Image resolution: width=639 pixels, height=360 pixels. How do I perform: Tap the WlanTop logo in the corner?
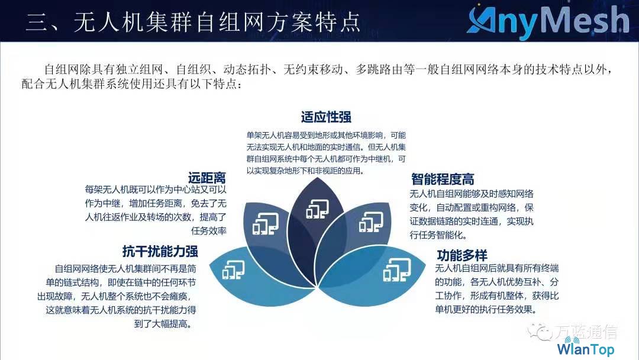click(x=586, y=348)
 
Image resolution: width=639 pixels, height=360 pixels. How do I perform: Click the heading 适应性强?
click(x=326, y=117)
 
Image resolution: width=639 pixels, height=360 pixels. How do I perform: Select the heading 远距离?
click(x=207, y=178)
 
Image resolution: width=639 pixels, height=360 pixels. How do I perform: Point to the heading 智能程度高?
click(x=443, y=179)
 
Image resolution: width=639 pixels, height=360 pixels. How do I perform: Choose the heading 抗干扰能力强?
click(x=160, y=251)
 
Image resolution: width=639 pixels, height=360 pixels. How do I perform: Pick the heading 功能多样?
click(x=462, y=255)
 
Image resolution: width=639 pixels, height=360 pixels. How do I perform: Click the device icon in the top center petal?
click(x=318, y=208)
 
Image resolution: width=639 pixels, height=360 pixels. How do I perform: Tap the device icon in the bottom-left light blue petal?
click(x=234, y=270)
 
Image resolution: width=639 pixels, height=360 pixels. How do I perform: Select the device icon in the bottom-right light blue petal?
click(x=397, y=270)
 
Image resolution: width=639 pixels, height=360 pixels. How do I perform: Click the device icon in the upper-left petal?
click(x=266, y=224)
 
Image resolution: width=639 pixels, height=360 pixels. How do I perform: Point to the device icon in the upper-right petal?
click(x=371, y=222)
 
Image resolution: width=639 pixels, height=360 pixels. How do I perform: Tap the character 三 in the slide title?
click(x=37, y=22)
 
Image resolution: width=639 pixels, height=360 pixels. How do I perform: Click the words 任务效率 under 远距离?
click(x=209, y=231)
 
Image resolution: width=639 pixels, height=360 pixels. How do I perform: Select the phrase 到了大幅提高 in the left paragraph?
click(x=162, y=324)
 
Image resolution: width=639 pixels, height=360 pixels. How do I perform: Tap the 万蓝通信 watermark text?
click(x=586, y=332)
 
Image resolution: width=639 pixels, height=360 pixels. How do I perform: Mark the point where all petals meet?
click(x=317, y=287)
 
